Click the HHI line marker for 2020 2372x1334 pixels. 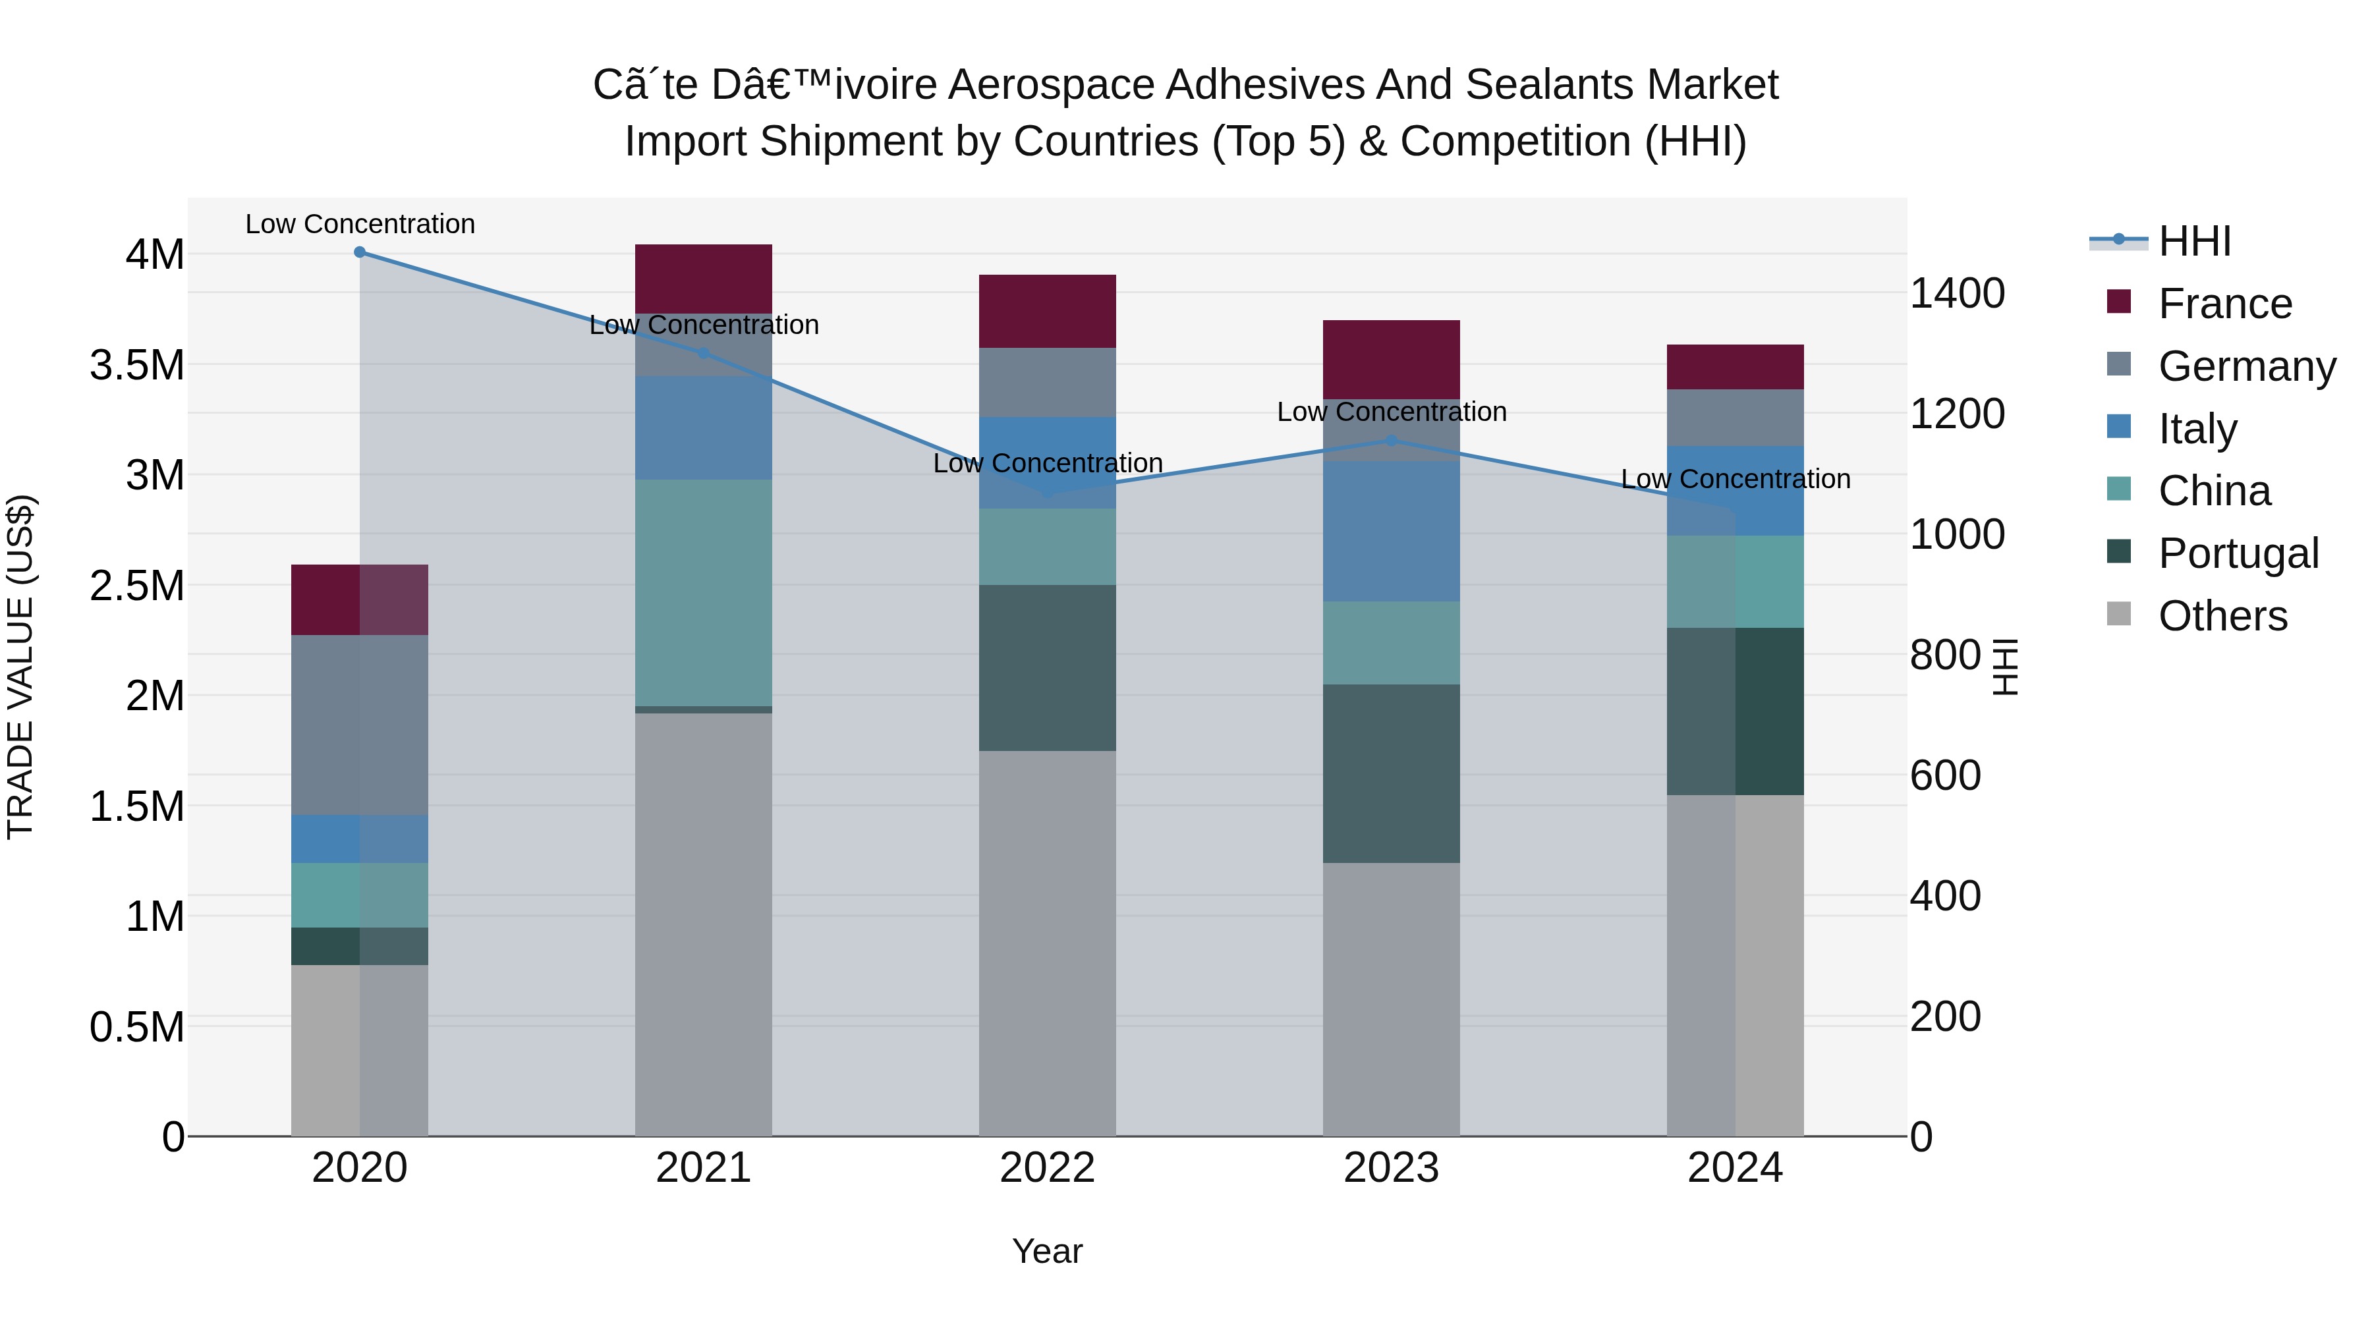360,252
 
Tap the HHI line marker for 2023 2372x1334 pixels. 1392,441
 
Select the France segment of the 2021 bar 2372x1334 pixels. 704,278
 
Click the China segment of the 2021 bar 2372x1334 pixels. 704,592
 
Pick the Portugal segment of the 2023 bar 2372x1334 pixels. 1392,773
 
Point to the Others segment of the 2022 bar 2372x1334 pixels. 1047,943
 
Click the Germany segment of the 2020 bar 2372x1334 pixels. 360,725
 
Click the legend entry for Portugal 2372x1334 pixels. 2238,553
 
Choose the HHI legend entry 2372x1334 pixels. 2194,241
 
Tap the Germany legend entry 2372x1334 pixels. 2246,366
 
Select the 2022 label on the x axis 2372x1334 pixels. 1047,1168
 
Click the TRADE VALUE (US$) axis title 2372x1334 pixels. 21,667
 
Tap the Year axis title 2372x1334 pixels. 1047,1251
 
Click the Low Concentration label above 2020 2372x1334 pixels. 360,224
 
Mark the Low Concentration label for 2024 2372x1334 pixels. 1735,479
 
